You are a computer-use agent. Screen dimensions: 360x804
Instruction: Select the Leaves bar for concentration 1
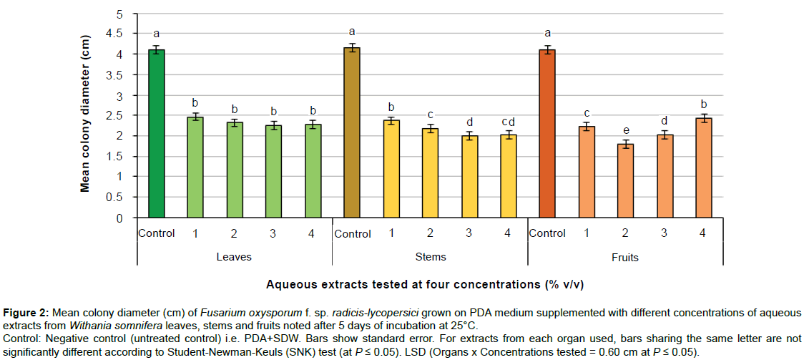195,167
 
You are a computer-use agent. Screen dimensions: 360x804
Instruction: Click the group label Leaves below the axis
235,257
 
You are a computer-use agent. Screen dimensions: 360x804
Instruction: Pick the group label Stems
430,257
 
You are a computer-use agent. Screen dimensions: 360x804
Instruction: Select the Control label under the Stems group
352,234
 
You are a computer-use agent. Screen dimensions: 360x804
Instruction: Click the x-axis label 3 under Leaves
273,234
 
